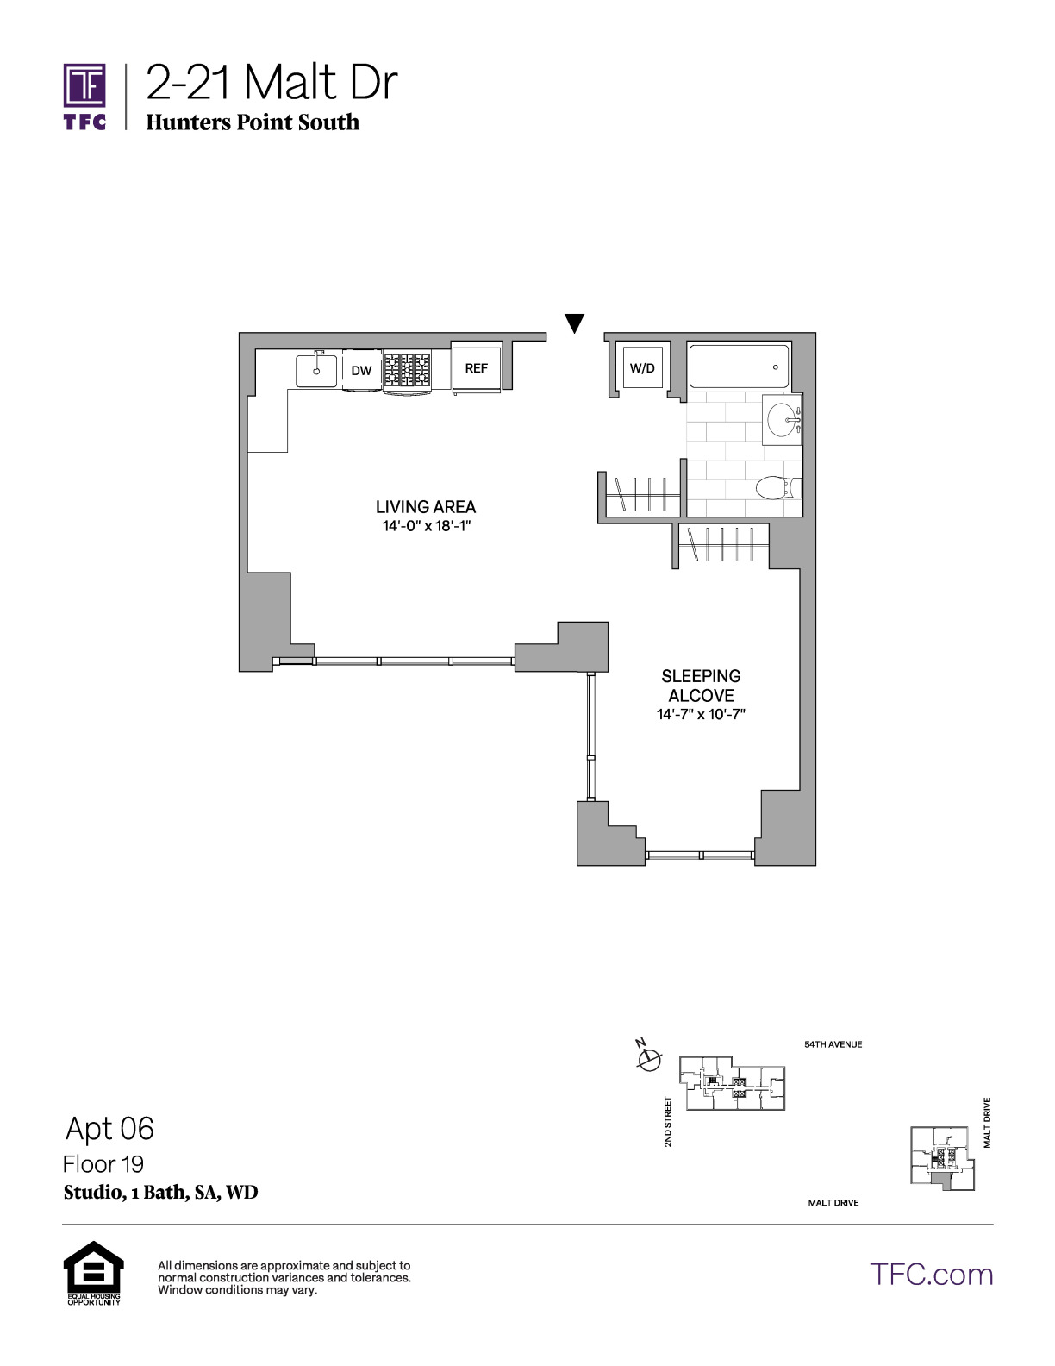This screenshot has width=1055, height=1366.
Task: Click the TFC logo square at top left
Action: click(x=84, y=85)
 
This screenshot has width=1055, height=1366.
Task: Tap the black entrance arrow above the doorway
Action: click(x=574, y=323)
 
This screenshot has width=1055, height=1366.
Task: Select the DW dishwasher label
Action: click(x=361, y=370)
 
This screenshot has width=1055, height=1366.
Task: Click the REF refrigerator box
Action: click(x=477, y=367)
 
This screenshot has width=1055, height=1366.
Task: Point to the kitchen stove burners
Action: click(x=407, y=369)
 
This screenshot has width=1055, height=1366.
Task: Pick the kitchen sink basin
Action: click(x=316, y=370)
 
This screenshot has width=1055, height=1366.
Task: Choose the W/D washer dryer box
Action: click(x=642, y=367)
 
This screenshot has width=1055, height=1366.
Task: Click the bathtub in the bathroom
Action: click(x=739, y=366)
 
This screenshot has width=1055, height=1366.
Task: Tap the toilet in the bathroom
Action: click(x=778, y=487)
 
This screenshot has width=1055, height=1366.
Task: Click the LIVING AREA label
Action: click(x=426, y=507)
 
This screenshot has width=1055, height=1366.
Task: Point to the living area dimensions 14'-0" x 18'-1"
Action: click(x=427, y=525)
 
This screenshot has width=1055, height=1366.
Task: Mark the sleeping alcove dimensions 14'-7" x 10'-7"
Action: click(x=701, y=714)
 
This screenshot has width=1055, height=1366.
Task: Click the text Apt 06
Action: click(x=110, y=1128)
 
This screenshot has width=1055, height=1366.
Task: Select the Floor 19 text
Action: click(x=103, y=1164)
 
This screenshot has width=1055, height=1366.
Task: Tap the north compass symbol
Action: click(x=648, y=1058)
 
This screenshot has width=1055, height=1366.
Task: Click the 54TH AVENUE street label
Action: click(x=833, y=1044)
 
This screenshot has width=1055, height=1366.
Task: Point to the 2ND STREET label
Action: click(x=668, y=1121)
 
